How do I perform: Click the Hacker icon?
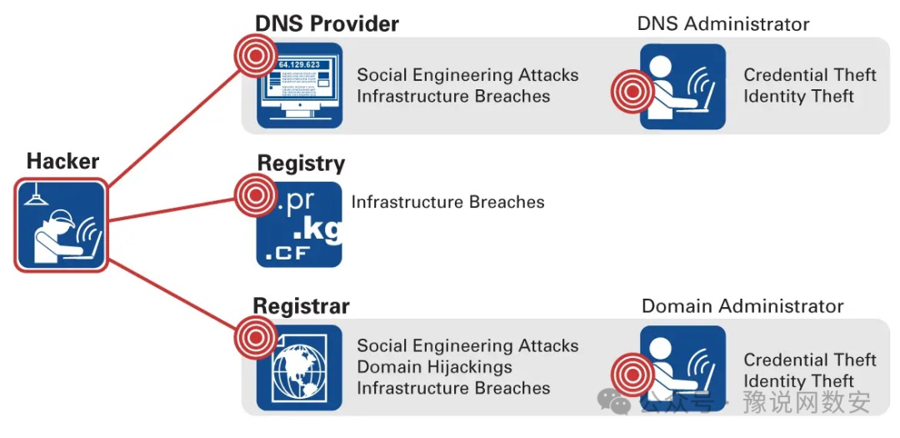click(x=61, y=225)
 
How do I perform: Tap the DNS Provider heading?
click(x=327, y=23)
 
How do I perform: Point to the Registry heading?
click(x=301, y=164)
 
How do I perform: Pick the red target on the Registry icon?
click(x=253, y=194)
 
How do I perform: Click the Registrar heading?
click(x=301, y=305)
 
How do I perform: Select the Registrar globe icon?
click(x=299, y=368)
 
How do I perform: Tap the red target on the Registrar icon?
click(x=253, y=337)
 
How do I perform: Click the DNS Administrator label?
click(x=722, y=24)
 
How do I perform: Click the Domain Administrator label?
click(x=742, y=306)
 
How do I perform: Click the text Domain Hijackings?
click(x=434, y=367)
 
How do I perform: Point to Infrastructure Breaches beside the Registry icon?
click(x=447, y=202)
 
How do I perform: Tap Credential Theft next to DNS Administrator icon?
click(x=809, y=75)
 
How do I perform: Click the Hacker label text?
click(x=62, y=161)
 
